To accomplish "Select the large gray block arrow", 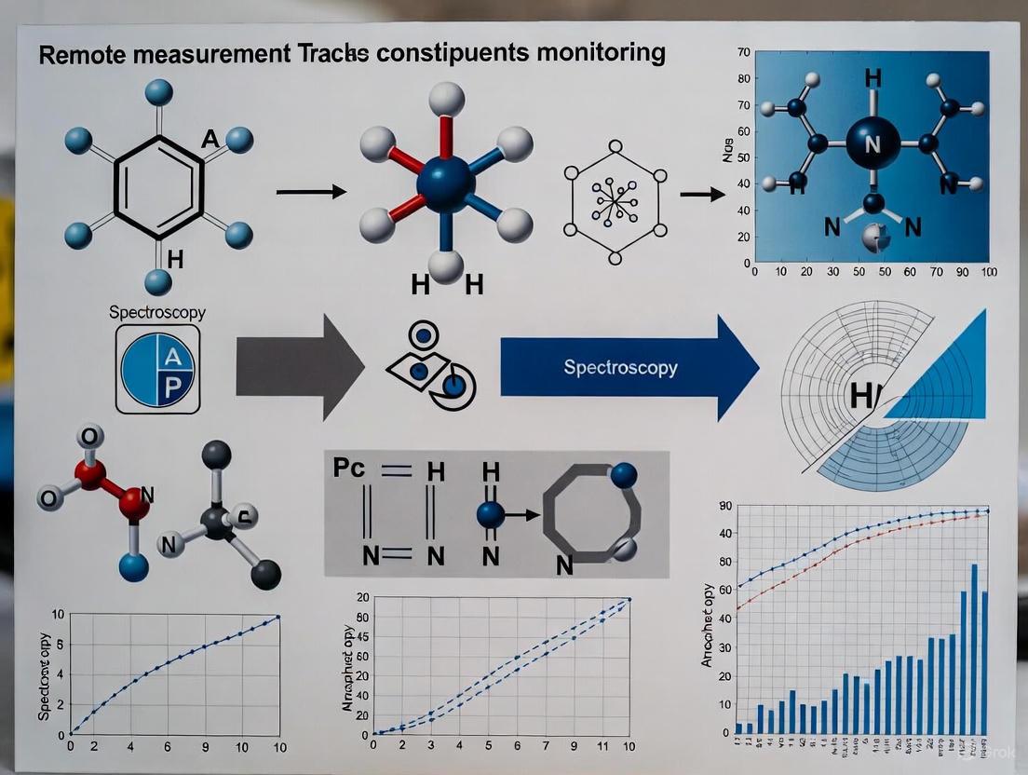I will [x=299, y=367].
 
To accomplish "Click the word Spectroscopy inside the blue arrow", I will [x=620, y=367].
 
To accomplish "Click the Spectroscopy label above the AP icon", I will [x=157, y=313].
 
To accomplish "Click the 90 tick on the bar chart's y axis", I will [x=725, y=506].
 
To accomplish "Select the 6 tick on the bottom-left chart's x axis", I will [x=168, y=747].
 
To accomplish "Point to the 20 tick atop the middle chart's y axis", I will [x=362, y=597].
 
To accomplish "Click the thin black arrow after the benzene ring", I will [x=311, y=191].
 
